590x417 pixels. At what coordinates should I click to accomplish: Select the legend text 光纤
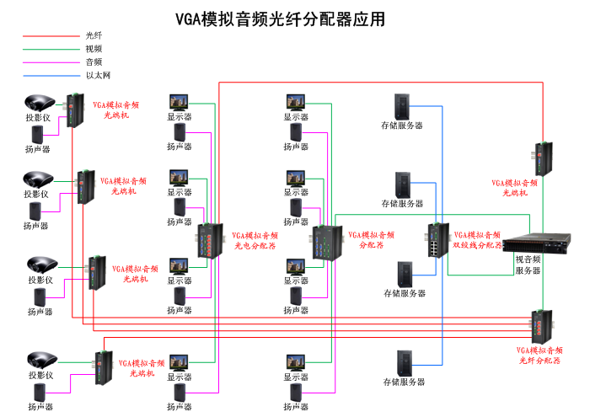94,35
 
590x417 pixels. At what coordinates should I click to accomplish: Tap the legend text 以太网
98,75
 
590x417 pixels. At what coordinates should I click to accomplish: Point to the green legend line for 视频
51,49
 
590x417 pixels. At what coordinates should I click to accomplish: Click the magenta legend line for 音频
51,62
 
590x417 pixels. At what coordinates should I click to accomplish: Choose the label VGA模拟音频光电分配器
255,241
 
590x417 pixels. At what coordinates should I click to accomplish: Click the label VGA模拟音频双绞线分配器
477,240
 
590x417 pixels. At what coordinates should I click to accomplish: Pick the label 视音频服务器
528,265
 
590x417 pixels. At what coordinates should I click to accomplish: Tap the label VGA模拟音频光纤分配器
539,355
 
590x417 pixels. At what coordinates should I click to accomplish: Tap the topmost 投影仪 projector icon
39,104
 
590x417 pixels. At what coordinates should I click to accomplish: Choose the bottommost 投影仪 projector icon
40,360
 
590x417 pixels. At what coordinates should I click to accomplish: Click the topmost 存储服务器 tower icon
403,106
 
